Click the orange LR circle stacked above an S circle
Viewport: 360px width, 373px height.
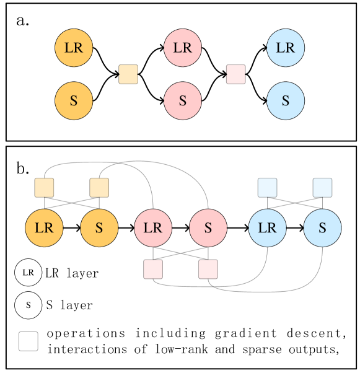point(74,48)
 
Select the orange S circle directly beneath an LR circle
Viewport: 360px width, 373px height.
point(74,100)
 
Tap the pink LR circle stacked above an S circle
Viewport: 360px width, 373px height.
point(183,48)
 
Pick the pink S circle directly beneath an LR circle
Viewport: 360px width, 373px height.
point(183,100)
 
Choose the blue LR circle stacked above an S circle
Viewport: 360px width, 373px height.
point(286,48)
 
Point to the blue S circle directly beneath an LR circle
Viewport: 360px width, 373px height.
point(286,100)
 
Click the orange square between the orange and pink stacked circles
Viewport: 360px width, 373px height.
point(128,74)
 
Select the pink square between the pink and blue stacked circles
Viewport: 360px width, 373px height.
point(236,74)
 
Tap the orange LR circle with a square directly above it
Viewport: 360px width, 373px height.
point(44,228)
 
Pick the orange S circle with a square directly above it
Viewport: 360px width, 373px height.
point(99,228)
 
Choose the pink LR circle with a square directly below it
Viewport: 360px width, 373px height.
point(153,228)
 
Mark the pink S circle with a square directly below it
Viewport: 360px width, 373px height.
point(208,228)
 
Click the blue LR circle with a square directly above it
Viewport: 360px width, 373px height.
point(267,228)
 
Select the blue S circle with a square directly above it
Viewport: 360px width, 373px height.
point(322,228)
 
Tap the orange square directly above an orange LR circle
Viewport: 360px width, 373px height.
point(44,188)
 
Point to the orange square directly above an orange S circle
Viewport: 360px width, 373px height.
point(99,188)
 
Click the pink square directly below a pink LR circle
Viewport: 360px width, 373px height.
point(153,269)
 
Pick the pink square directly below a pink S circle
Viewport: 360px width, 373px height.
point(208,269)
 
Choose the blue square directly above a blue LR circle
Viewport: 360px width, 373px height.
point(267,188)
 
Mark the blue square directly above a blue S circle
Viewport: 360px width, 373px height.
point(322,188)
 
